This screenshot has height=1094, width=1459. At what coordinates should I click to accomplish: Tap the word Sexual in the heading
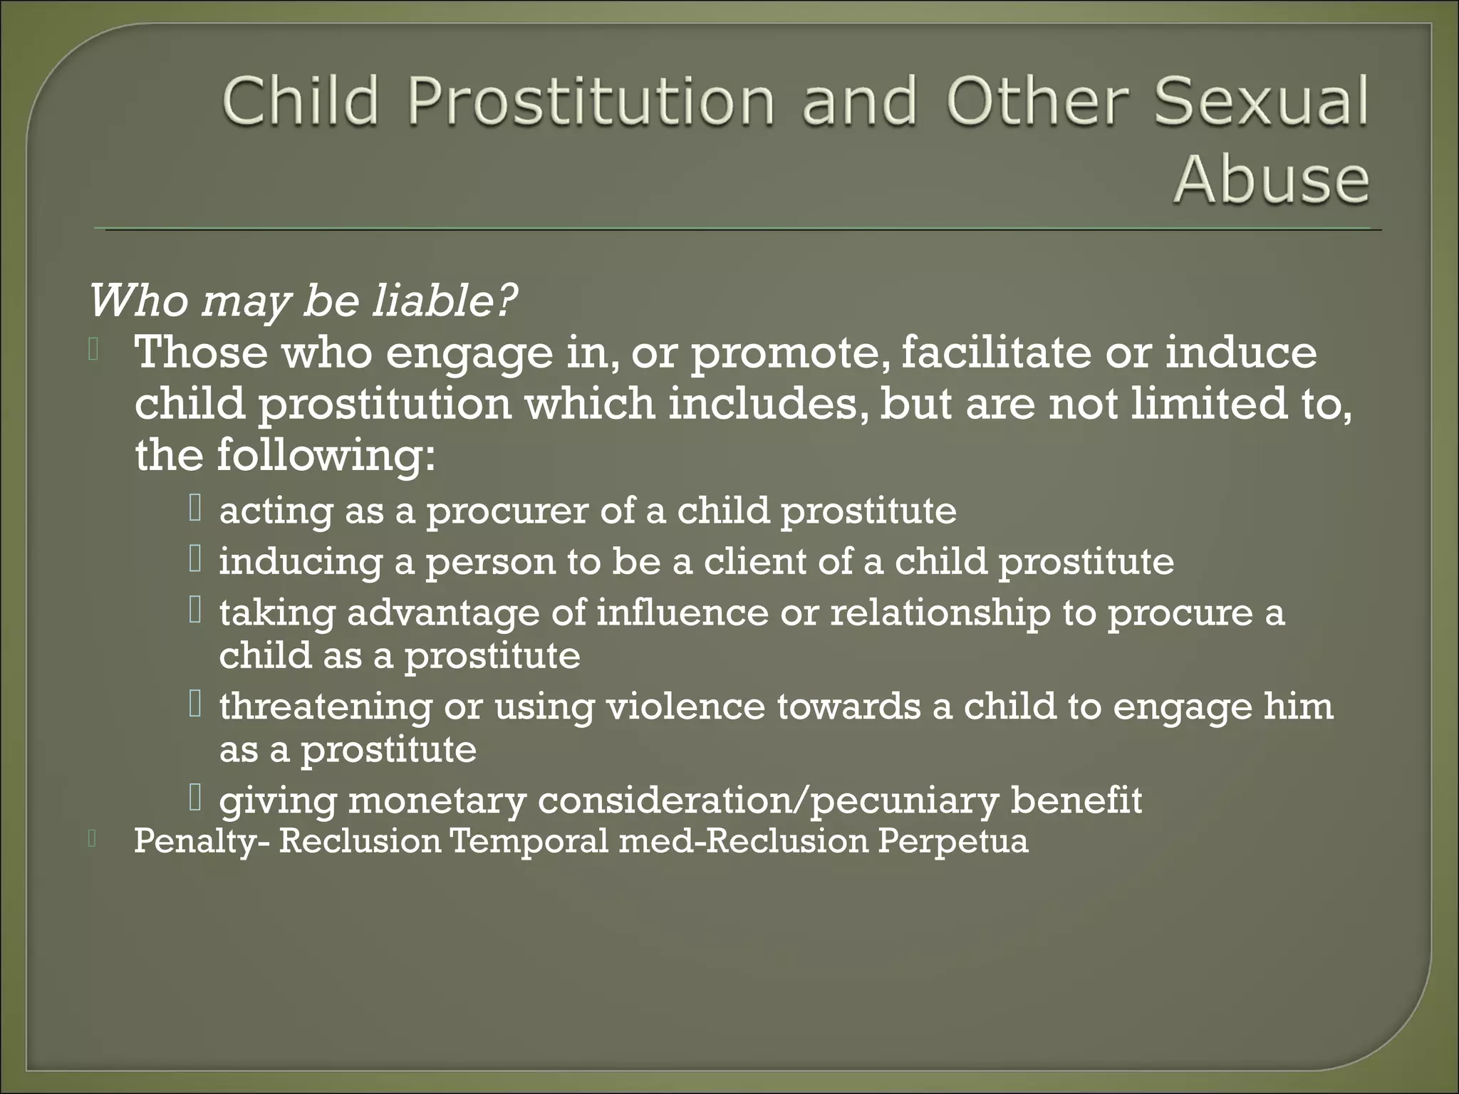tap(1261, 101)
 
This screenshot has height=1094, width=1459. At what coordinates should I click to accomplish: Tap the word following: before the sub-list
tap(326, 456)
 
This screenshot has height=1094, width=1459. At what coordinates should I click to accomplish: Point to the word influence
tap(682, 613)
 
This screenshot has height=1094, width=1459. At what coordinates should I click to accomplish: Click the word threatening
tap(326, 708)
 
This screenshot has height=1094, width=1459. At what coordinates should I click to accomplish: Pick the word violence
tap(685, 707)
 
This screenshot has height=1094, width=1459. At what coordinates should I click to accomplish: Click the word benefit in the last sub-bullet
tap(1076, 800)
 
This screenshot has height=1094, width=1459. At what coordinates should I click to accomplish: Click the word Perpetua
tap(952, 842)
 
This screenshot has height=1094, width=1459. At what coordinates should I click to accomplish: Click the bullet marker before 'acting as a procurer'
tap(196, 509)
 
